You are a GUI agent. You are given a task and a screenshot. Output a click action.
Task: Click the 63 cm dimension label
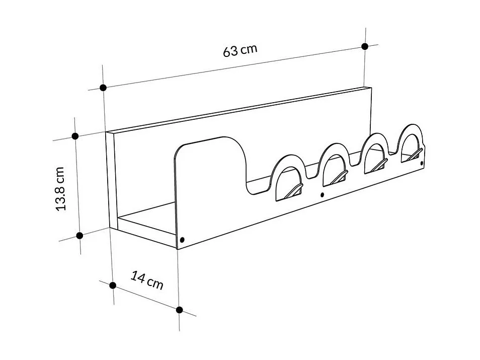pyautogui.click(x=240, y=50)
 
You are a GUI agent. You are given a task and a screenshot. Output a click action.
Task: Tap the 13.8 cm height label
pyautogui.click(x=61, y=188)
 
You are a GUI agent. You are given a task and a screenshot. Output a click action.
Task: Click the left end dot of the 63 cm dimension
pyautogui.click(x=103, y=88)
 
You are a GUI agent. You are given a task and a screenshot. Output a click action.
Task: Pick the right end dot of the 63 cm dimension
pyautogui.click(x=365, y=46)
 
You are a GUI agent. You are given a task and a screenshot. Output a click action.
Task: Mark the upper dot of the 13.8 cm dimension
pyautogui.click(x=75, y=136)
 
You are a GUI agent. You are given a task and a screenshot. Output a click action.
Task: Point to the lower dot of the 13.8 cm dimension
pyautogui.click(x=79, y=235)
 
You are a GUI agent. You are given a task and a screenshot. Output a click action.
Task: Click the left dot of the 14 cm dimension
pyautogui.click(x=113, y=285)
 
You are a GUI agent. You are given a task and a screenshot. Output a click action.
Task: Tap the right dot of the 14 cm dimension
pyautogui.click(x=180, y=309)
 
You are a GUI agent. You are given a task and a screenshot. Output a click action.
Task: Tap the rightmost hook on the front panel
pyautogui.click(x=415, y=154)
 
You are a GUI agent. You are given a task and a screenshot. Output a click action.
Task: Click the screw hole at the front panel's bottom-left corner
pyautogui.click(x=182, y=240)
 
